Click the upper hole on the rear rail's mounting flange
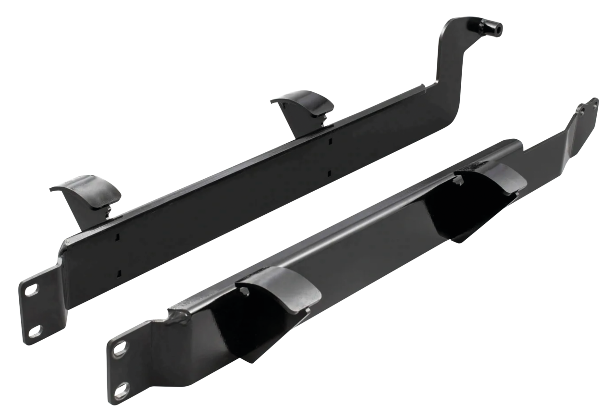coord(30,290)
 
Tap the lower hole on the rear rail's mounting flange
coord(34,331)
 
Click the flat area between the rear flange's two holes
coord(32,310)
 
